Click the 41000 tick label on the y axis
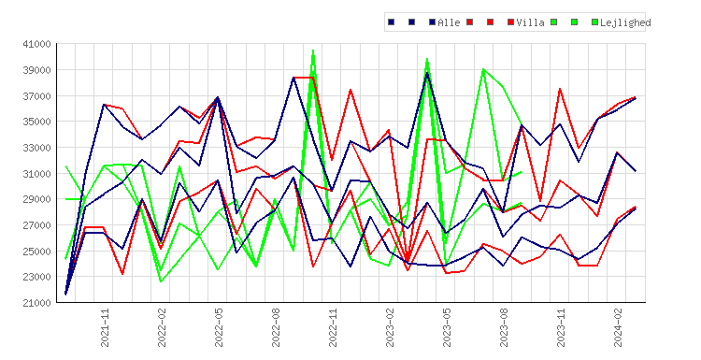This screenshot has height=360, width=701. [x=36, y=44]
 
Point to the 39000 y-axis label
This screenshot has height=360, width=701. [x=36, y=70]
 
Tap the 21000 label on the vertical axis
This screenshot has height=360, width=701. [x=36, y=303]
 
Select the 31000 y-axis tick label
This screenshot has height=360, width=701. [x=36, y=174]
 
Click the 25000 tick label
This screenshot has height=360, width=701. [x=36, y=252]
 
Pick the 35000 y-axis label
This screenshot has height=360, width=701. [x=36, y=122]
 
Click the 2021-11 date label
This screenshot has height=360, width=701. [x=105, y=327]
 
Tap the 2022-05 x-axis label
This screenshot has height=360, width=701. [x=219, y=327]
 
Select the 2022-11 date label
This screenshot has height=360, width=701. [x=333, y=327]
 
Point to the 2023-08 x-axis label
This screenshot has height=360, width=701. [x=504, y=327]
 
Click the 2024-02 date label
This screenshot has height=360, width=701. [x=618, y=327]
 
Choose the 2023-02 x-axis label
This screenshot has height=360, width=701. [x=390, y=327]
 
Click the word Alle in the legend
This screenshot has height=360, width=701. [x=449, y=22]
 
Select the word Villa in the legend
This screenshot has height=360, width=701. [x=530, y=22]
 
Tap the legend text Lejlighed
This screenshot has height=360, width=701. [x=625, y=22]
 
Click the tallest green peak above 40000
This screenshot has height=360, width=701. [x=313, y=50]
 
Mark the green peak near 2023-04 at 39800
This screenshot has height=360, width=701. [x=427, y=59]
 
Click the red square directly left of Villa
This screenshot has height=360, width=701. [x=510, y=22]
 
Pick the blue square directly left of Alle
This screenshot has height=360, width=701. [x=432, y=22]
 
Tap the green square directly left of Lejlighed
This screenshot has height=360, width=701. [x=594, y=22]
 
